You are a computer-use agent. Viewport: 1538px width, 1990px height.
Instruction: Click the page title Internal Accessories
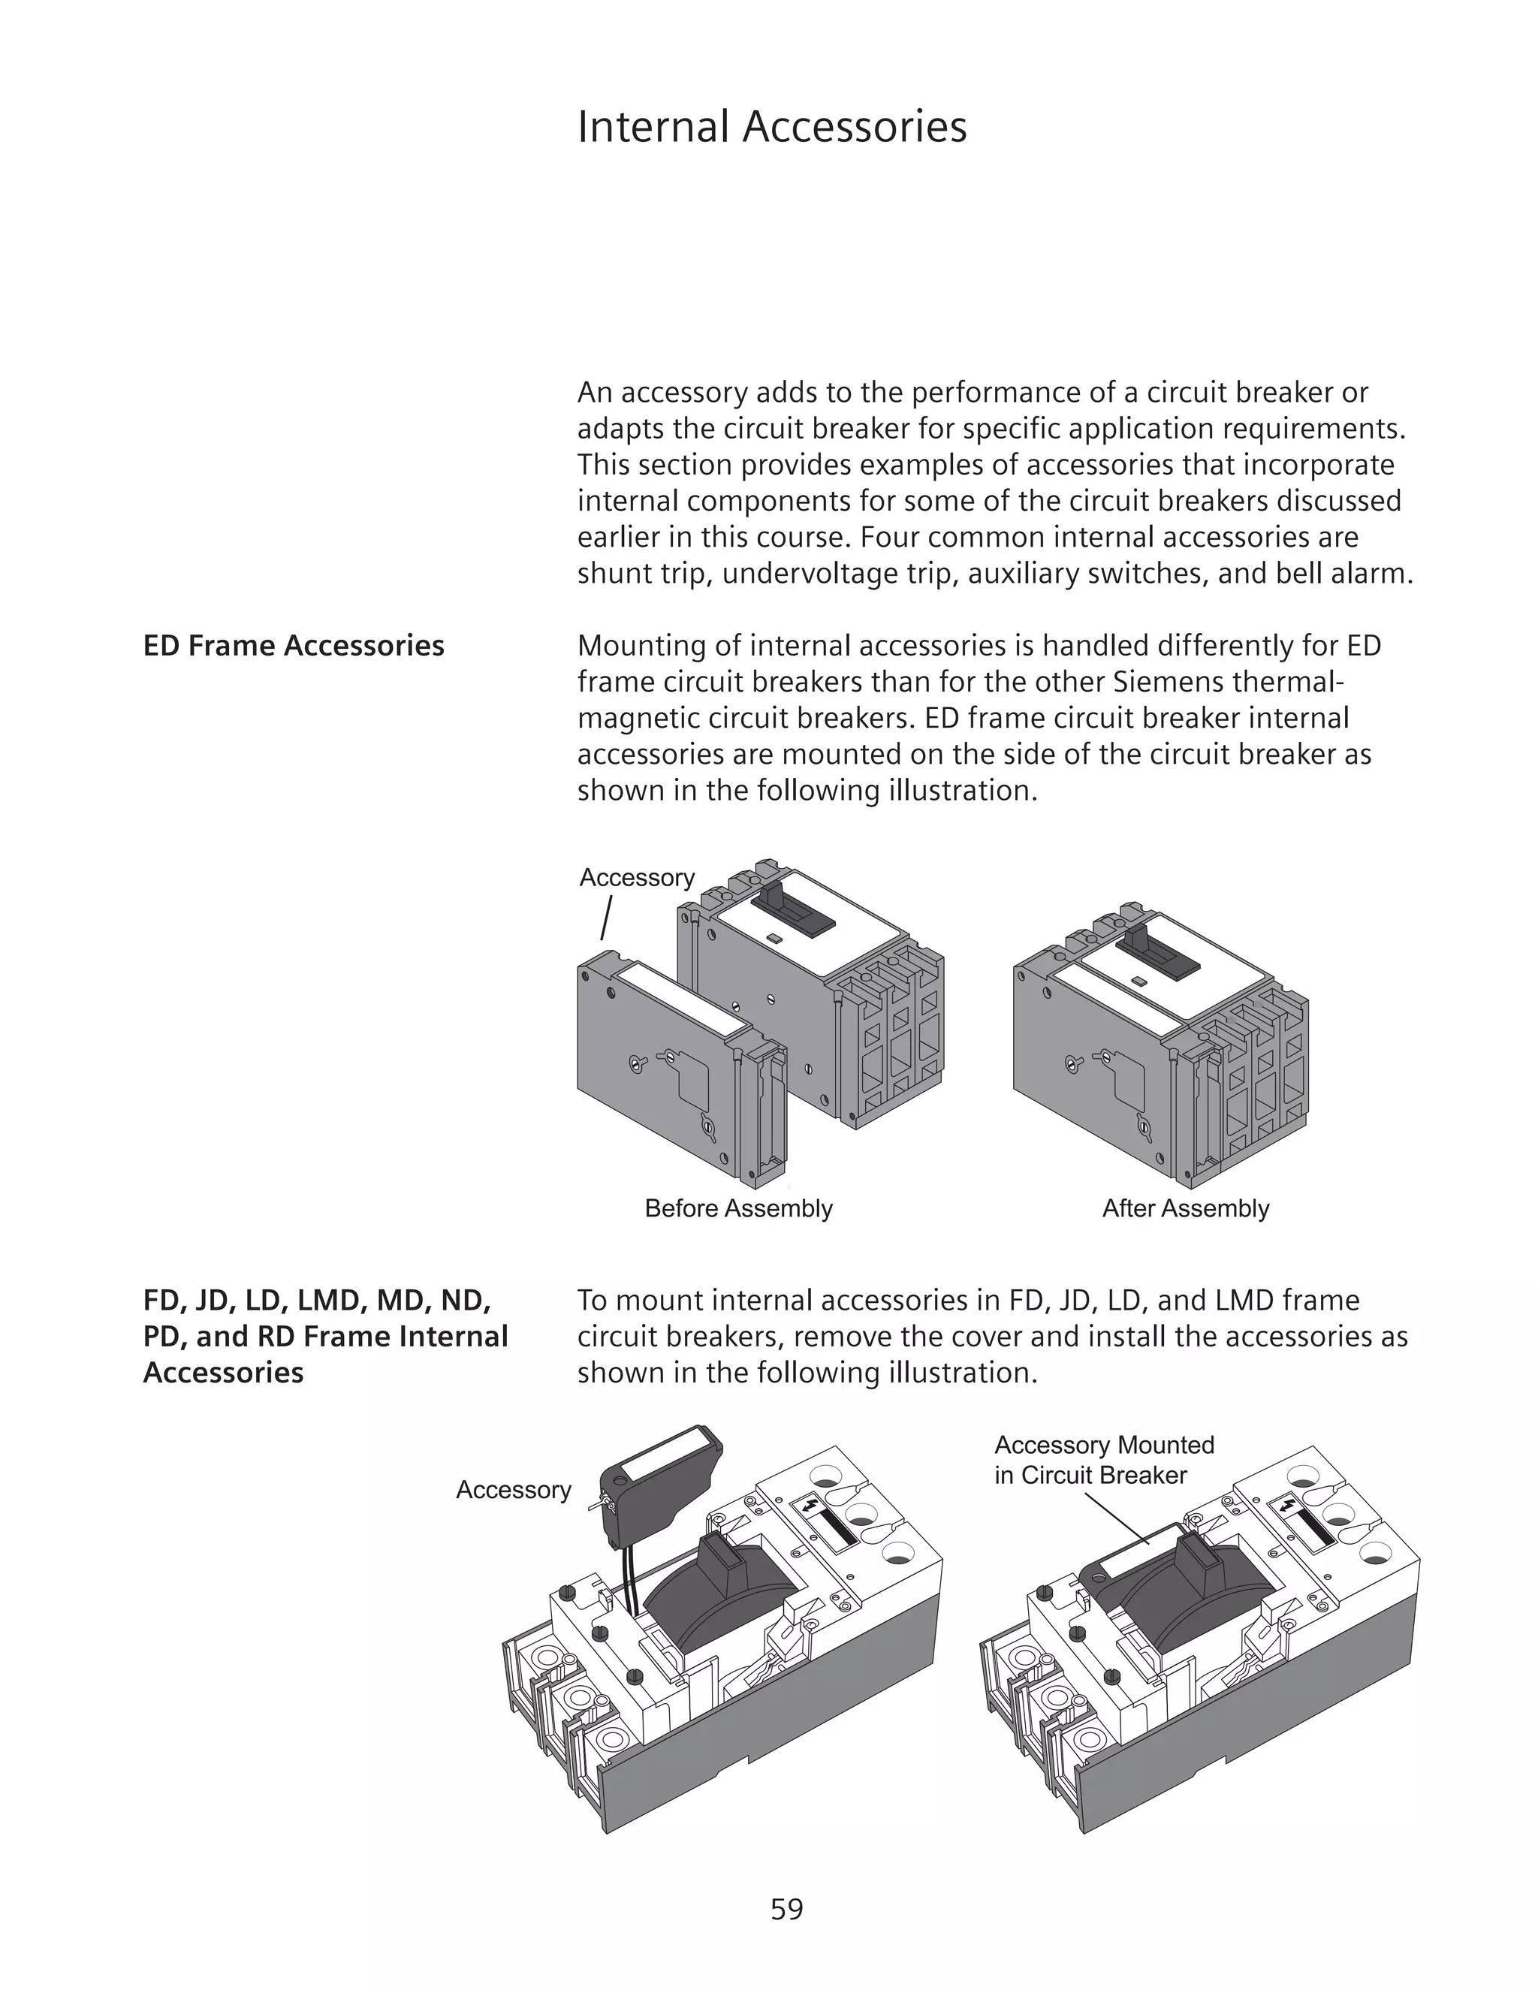tap(772, 127)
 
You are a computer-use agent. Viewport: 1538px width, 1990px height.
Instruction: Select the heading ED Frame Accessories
tap(294, 646)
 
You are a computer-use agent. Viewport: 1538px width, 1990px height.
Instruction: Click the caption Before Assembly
tap(738, 1208)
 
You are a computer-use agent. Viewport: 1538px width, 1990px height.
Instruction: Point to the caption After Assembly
tap(1184, 1208)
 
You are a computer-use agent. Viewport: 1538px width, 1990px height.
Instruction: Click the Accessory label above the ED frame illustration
tap(637, 877)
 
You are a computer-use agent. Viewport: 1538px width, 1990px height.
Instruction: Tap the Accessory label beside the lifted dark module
tap(513, 1490)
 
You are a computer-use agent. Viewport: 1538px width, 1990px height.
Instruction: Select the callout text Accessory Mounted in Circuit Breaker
tap(1103, 1460)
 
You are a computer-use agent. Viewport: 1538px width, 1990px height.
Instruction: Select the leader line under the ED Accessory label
tap(606, 918)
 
